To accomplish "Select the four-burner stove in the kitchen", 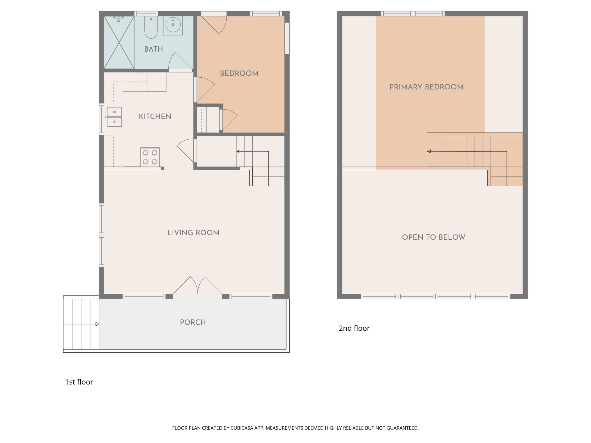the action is (x=150, y=157).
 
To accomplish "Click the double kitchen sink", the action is (x=114, y=117).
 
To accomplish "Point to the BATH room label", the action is (x=154, y=49).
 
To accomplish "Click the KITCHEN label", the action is (x=155, y=116).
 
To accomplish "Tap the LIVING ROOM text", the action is (x=193, y=233).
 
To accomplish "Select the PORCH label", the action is (x=193, y=322).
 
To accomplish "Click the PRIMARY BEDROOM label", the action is (x=426, y=87).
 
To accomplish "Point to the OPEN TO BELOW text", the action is (x=434, y=237).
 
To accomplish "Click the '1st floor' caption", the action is (x=79, y=382).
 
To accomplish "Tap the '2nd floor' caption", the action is (x=354, y=328).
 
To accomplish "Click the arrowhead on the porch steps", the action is (x=97, y=324).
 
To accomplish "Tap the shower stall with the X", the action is (x=119, y=42).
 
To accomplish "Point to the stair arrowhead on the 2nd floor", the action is (x=429, y=151).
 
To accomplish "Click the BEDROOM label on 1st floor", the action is (x=239, y=73).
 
